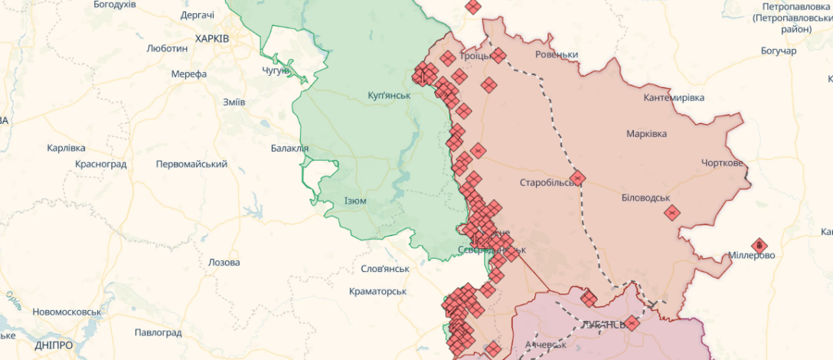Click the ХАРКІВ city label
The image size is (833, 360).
click(212, 38)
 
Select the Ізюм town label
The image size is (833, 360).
click(355, 201)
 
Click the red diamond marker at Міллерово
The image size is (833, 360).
click(759, 245)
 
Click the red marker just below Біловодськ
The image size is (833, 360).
click(672, 213)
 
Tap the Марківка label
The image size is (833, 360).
click(646, 133)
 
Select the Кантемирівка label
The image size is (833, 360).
click(674, 97)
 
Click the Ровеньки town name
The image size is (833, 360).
click(557, 54)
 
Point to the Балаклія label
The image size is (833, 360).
click(290, 148)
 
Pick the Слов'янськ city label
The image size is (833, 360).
click(385, 269)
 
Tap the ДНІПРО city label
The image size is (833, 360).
click(54, 345)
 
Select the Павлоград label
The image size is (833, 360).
click(158, 332)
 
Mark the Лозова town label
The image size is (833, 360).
click(224, 262)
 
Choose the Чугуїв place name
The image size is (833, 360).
click(276, 70)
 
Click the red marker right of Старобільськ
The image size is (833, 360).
click(577, 178)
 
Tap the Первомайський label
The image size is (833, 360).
click(191, 164)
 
